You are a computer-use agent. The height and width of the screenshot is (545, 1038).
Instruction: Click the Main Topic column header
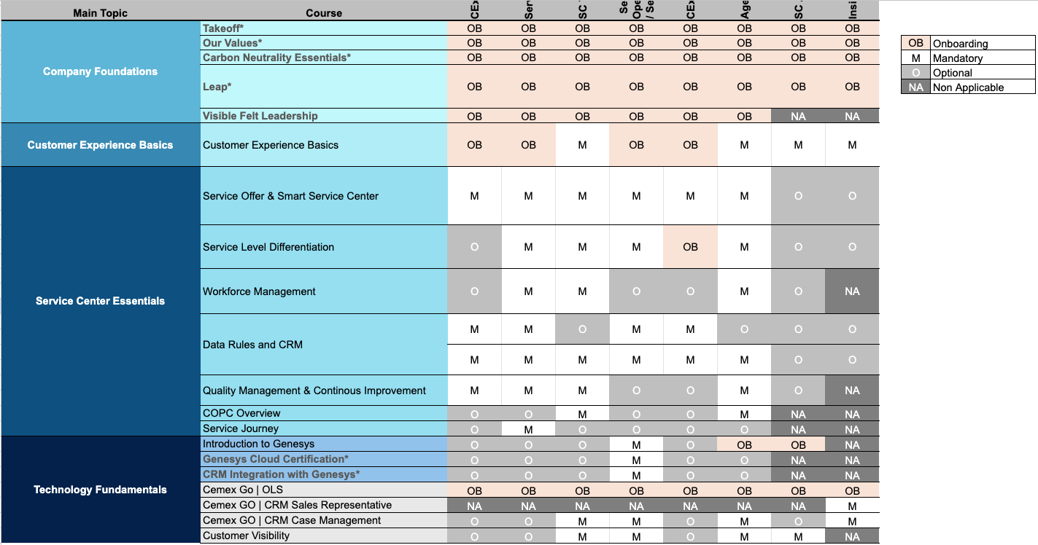(x=101, y=13)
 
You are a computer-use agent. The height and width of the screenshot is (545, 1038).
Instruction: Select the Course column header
(x=324, y=13)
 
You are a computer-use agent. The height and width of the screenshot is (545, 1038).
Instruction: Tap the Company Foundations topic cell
(x=101, y=71)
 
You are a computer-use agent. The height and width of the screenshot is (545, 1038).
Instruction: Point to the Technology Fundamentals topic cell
(x=101, y=490)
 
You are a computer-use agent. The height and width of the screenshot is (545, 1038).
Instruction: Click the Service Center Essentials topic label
(x=101, y=301)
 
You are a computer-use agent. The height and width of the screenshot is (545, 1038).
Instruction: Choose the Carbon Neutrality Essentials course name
(x=276, y=58)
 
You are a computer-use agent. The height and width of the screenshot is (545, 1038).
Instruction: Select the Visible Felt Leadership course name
(x=260, y=116)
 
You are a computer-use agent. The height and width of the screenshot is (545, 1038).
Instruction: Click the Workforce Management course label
(x=259, y=291)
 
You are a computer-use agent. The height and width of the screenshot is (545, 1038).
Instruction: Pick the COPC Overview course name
(x=241, y=413)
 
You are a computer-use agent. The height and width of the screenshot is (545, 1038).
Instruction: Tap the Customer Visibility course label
(x=246, y=536)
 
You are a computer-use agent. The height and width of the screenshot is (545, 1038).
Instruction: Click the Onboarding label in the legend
(x=960, y=44)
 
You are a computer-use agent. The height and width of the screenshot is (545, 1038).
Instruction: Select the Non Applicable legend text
(x=968, y=87)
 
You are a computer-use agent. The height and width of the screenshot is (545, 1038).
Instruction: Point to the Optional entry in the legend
(x=952, y=73)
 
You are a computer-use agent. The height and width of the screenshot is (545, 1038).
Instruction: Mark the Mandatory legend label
(x=958, y=58)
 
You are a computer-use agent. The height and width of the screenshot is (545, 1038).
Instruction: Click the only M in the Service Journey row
(x=528, y=429)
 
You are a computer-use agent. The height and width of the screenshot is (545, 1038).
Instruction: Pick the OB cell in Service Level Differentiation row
(x=690, y=247)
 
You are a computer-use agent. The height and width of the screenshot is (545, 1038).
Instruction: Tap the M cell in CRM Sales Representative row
(x=852, y=506)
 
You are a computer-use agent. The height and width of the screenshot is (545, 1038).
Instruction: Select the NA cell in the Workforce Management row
(x=852, y=291)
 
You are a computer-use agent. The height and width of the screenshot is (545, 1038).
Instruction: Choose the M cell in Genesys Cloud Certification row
(x=636, y=460)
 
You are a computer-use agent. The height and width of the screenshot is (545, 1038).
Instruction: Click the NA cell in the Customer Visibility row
(x=852, y=536)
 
